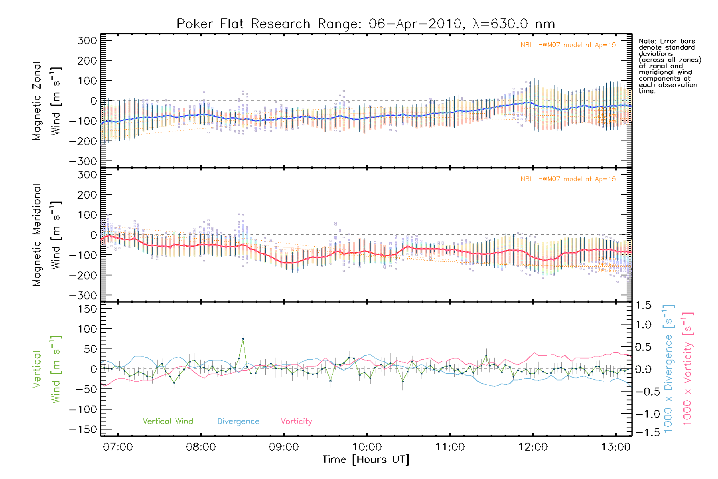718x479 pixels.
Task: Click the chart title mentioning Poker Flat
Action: click(365, 24)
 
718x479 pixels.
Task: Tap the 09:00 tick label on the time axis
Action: click(284, 447)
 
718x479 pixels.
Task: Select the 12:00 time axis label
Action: click(533, 447)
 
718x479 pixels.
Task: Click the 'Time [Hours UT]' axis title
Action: click(366, 460)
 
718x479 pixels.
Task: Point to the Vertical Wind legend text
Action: click(168, 422)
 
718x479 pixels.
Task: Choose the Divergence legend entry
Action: click(238, 422)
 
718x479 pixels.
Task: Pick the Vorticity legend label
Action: click(296, 422)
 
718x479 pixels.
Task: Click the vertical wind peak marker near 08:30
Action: click(243, 339)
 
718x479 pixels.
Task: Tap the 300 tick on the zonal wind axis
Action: click(87, 40)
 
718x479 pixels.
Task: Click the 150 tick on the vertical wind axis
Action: click(87, 309)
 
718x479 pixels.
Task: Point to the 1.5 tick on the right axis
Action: click(643, 305)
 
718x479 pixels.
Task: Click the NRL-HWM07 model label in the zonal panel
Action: click(568, 45)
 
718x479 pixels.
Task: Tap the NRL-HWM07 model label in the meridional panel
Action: click(568, 179)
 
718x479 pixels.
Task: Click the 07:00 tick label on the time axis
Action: click(118, 447)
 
